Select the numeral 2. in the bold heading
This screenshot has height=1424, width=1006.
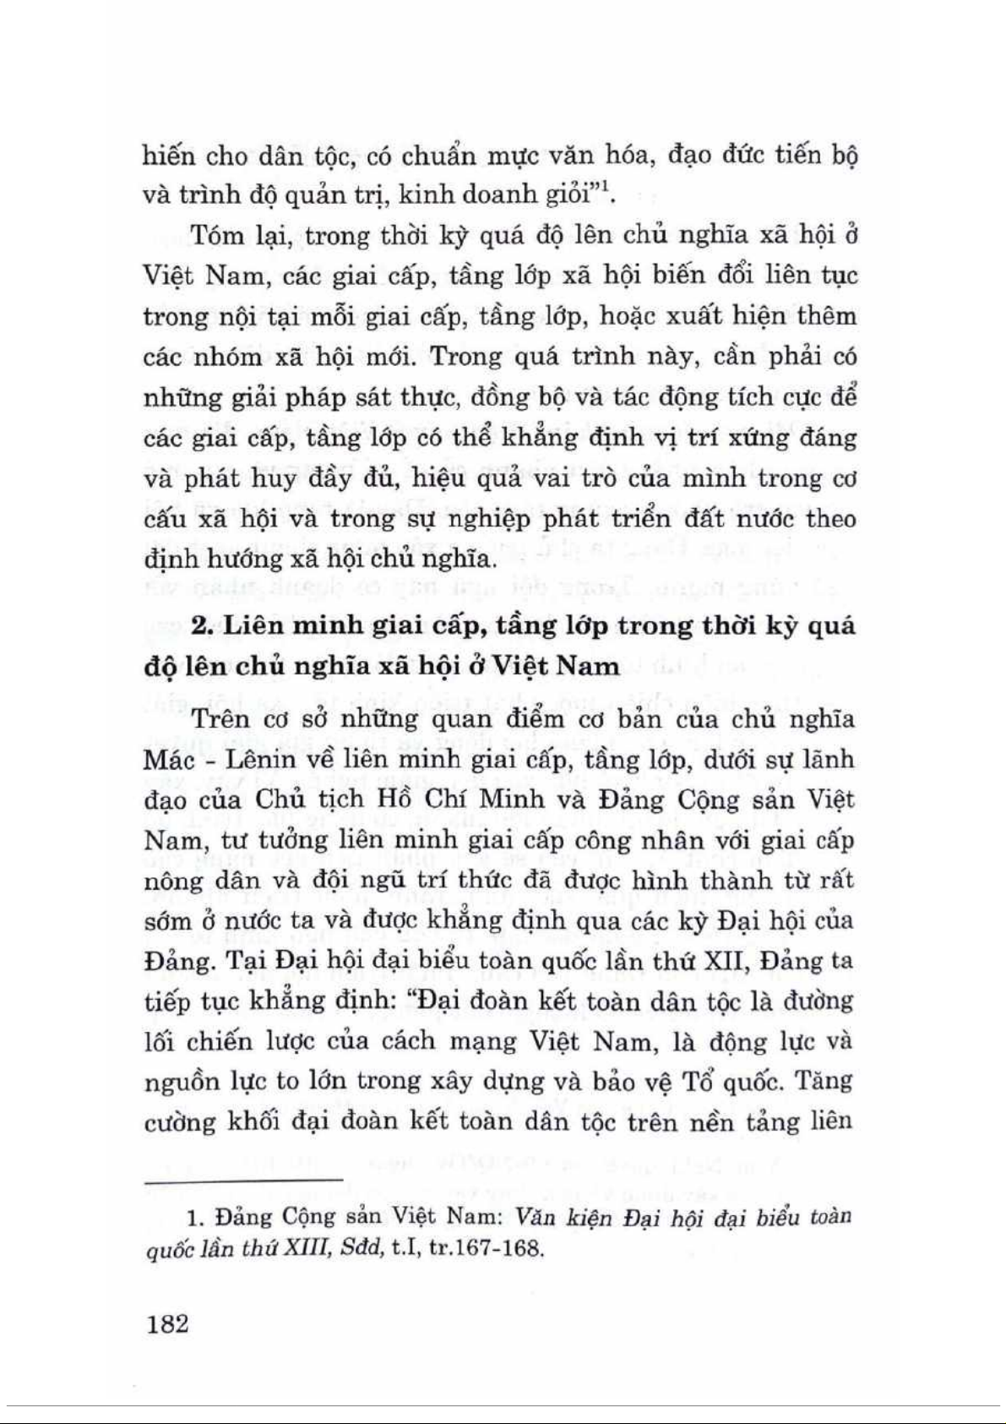(200, 626)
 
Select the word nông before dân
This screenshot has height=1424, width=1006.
(171, 881)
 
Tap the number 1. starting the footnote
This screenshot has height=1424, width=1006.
(195, 1218)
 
